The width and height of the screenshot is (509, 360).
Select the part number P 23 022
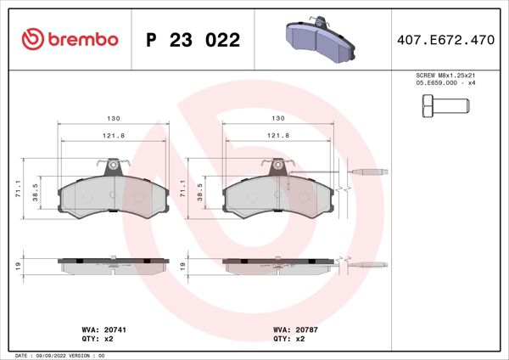coord(193,40)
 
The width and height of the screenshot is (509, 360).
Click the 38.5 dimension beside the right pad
coord(199,194)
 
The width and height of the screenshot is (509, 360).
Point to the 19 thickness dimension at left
coord(18,266)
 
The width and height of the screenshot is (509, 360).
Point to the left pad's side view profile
coord(110,265)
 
